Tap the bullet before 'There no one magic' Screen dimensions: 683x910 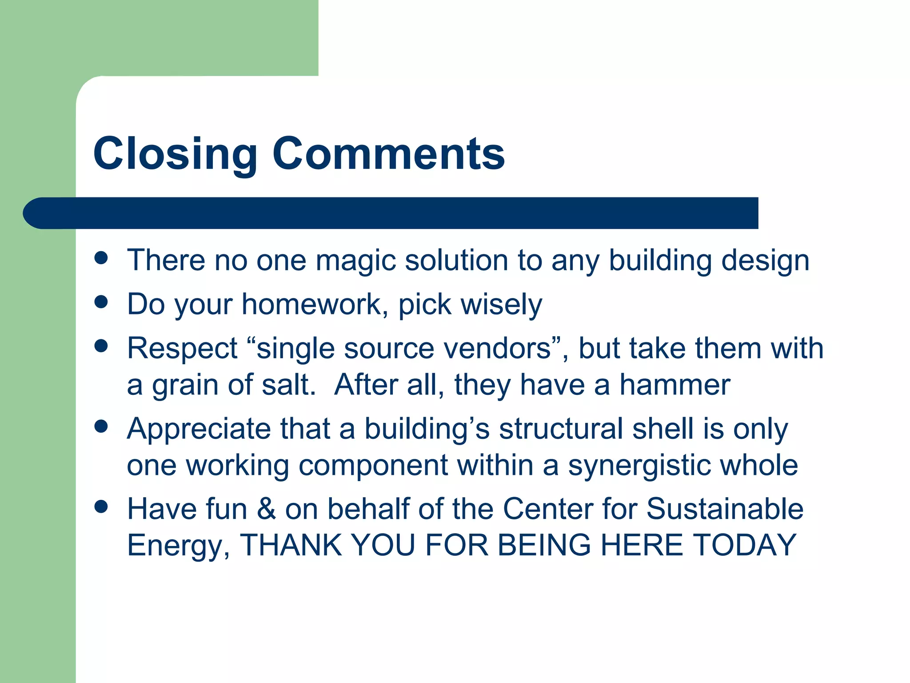coord(101,258)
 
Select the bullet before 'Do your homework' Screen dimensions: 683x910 coord(101,302)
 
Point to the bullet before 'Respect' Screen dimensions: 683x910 coord(101,346)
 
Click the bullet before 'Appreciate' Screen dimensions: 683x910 coord(101,426)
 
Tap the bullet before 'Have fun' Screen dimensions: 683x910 coord(101,506)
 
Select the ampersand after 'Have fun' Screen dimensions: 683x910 coord(266,509)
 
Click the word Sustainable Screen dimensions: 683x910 coord(724,509)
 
